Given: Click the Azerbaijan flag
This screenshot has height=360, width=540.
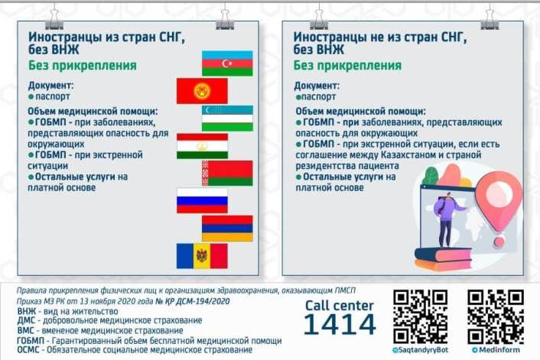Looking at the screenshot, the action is (227, 63).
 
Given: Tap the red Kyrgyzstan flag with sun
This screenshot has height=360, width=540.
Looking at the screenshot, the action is (202, 91).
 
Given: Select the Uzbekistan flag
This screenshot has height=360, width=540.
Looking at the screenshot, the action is (227, 118).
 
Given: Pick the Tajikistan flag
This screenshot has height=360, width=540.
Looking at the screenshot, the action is (202, 146).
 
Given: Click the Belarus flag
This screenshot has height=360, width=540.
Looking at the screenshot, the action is (227, 173).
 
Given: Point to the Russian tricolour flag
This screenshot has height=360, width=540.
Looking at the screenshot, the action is (202, 201).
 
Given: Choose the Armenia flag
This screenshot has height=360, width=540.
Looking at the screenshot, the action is (227, 229).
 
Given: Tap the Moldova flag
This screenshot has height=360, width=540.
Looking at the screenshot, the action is (202, 256).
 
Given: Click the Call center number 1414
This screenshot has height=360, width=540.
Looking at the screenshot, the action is (340, 325).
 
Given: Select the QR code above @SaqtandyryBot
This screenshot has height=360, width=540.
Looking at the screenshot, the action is (421, 316).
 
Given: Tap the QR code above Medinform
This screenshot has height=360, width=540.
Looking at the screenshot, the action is (496, 316).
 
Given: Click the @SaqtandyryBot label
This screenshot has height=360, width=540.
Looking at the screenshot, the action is (420, 350).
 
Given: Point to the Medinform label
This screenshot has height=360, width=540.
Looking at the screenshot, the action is (496, 350).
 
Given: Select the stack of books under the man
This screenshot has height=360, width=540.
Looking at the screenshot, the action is (443, 259).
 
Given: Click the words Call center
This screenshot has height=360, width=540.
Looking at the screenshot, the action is (340, 306).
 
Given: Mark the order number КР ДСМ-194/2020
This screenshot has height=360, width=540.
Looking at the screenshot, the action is (193, 301).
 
